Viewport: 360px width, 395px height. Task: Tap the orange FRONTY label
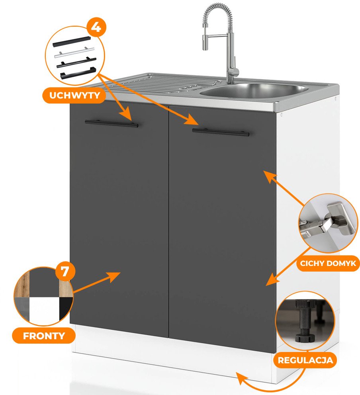pyautogui.click(x=44, y=335)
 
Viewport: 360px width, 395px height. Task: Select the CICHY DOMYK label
pyautogui.click(x=328, y=263)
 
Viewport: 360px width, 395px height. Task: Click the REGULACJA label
pyautogui.click(x=305, y=361)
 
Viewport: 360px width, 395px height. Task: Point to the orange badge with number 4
pyautogui.click(x=95, y=28)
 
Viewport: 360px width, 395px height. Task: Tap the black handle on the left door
pyautogui.click(x=112, y=123)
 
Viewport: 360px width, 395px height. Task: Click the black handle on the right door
pyautogui.click(x=221, y=132)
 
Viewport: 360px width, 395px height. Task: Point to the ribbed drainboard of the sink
pyautogui.click(x=159, y=84)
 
